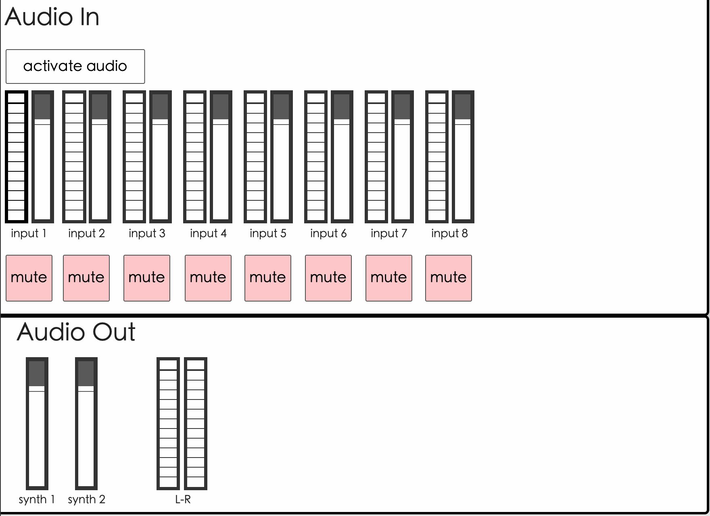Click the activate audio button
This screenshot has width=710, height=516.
point(75,67)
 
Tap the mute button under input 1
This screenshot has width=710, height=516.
point(29,278)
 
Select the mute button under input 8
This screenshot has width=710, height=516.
point(448,278)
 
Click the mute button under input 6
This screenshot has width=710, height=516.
point(328,278)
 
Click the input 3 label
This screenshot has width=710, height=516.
point(147,233)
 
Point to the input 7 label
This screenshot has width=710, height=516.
point(389,233)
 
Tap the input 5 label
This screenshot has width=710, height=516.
point(268,233)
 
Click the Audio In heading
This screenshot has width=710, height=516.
point(52,17)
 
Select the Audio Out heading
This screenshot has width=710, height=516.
point(76,332)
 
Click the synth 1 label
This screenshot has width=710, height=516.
point(37,499)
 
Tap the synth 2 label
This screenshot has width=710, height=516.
point(86,499)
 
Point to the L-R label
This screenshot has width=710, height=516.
point(183,499)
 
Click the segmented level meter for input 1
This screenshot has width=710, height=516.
point(17,157)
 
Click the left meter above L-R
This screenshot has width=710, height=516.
point(168,423)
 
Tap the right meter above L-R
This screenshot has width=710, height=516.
point(196,423)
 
